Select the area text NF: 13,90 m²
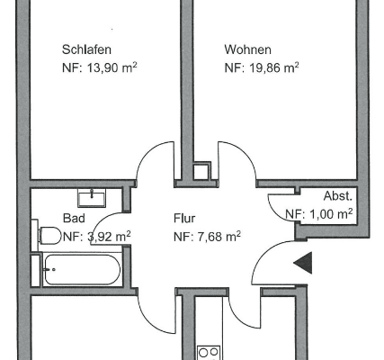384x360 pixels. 100,67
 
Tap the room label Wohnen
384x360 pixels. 247,49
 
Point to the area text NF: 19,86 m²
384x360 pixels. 262,67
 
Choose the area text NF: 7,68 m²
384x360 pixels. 207,236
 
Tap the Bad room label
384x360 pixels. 74,218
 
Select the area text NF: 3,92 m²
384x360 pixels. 96,237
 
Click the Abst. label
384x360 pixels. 338,196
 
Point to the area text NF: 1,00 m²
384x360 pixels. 318,214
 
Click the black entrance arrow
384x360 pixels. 304,263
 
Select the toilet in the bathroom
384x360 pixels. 49,237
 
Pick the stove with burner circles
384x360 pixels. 210,352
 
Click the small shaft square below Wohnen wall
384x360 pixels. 202,170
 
